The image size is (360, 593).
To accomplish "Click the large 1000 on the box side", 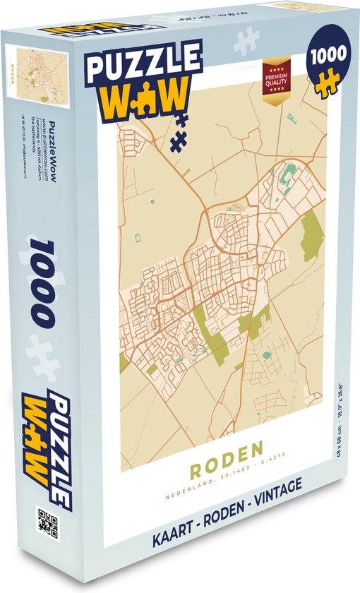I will tap(42, 282).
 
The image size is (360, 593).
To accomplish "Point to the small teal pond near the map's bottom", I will tap(266, 356).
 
